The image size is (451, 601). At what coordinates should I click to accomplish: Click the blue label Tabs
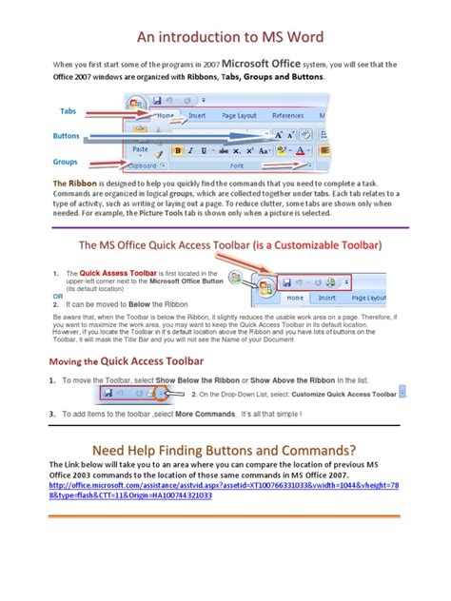point(69,111)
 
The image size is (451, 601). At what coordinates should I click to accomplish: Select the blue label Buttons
point(67,136)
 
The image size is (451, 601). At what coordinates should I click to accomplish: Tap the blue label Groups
point(66,162)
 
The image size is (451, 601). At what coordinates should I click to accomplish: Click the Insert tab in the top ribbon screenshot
point(196,115)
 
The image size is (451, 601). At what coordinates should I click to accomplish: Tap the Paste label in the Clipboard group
point(140,149)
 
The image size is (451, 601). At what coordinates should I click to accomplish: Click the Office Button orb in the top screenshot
point(137,104)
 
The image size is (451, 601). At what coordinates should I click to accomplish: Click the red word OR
point(58,296)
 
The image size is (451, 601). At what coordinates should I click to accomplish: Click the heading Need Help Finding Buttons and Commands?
point(224,449)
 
